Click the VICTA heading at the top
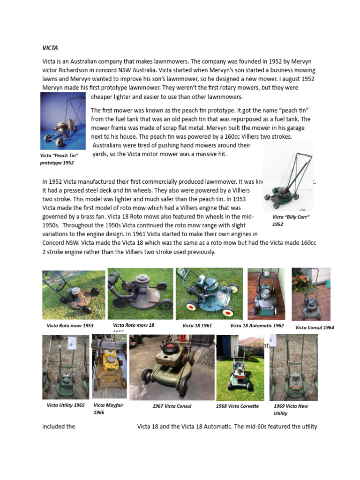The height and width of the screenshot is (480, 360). pyautogui.click(x=50, y=48)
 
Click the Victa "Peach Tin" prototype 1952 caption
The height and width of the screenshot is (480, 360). pyautogui.click(x=59, y=159)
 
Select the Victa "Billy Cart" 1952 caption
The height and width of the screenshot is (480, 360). pyautogui.click(x=291, y=221)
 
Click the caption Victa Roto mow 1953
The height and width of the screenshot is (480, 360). pyautogui.click(x=70, y=325)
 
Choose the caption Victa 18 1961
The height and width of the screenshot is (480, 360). pyautogui.click(x=197, y=325)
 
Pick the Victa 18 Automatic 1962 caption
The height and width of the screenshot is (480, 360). pyautogui.click(x=257, y=325)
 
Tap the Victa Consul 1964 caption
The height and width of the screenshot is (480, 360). pyautogui.click(x=315, y=328)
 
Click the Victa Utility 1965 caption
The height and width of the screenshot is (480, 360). pyautogui.click(x=66, y=405)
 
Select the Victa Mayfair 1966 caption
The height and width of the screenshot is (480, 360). pyautogui.click(x=108, y=408)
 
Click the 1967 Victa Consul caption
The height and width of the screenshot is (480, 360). pyautogui.click(x=172, y=406)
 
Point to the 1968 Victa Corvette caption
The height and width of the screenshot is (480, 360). pyautogui.click(x=237, y=406)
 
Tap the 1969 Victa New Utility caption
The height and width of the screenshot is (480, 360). pyautogui.click(x=291, y=409)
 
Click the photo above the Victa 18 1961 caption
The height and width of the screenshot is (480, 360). pyautogui.click(x=209, y=293)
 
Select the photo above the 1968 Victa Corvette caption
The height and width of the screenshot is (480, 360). pyautogui.click(x=240, y=368)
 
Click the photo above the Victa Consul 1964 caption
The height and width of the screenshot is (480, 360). pyautogui.click(x=311, y=294)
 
